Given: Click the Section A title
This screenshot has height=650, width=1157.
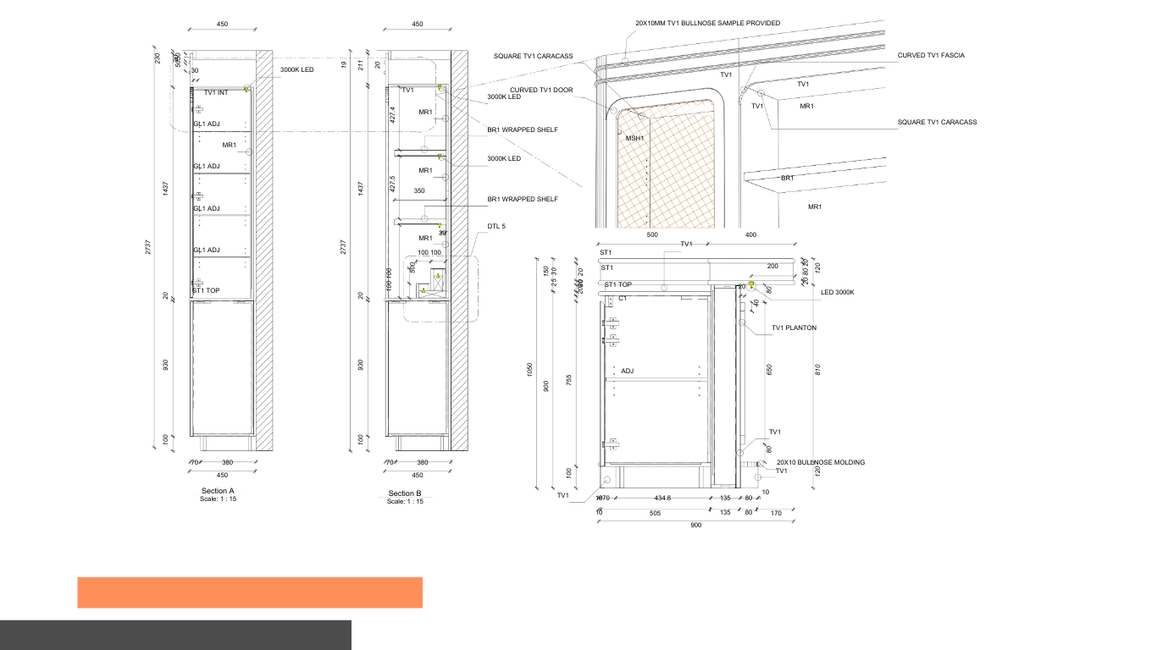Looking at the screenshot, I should click(x=218, y=491).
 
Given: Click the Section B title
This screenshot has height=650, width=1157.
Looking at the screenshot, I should click(x=405, y=493).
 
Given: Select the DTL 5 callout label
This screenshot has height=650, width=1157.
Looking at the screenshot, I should click(x=496, y=227).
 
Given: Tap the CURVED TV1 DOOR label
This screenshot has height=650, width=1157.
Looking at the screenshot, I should click(x=541, y=90).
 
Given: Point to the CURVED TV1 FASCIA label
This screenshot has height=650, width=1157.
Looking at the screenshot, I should click(x=931, y=55).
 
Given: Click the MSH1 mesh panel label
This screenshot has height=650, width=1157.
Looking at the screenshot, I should click(x=635, y=138).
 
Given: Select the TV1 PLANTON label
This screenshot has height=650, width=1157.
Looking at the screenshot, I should click(x=794, y=328).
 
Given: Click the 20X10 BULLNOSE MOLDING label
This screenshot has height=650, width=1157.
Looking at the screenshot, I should click(x=821, y=462).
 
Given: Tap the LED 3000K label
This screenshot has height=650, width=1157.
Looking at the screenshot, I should click(x=838, y=292).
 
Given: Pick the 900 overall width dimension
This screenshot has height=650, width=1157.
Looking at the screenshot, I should click(x=696, y=526).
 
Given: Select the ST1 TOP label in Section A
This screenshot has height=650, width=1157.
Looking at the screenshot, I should click(x=206, y=290).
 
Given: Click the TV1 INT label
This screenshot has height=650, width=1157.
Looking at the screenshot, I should click(x=216, y=92).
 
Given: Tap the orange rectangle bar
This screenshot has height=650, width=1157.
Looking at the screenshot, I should click(x=250, y=592).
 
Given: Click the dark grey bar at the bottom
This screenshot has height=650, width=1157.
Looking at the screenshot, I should click(x=175, y=635).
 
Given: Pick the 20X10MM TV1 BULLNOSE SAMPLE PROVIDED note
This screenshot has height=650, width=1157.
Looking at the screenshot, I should click(x=707, y=23).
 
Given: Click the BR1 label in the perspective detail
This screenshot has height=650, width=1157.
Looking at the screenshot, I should click(x=788, y=178).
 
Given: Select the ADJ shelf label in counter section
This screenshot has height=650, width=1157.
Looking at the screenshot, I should click(x=628, y=371).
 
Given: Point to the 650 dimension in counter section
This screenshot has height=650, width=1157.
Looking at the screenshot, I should click(x=769, y=369).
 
